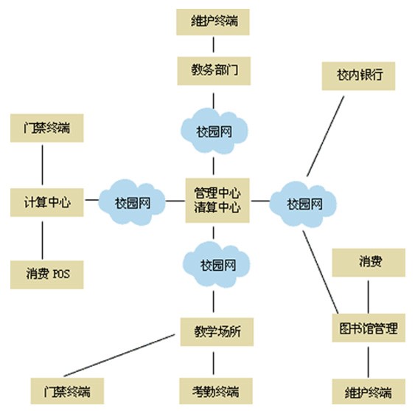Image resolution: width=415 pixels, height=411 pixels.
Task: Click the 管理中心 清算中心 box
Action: coord(217,200)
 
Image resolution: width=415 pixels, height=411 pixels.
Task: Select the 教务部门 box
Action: coord(214,71)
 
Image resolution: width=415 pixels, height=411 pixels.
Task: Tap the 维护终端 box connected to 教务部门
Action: coord(213,22)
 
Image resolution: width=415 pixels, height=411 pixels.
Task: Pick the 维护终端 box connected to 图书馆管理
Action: coord(369,392)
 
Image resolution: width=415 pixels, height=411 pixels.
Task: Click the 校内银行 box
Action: coord(358,76)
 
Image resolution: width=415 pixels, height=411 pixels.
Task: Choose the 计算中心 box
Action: coord(47,202)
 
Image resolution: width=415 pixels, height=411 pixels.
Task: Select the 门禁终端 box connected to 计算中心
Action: coord(47,128)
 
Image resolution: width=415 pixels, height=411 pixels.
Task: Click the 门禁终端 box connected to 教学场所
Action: coord(67,391)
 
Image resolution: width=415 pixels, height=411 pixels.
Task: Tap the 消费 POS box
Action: coord(47,274)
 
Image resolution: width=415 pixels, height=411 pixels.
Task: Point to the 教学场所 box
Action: coord(217,332)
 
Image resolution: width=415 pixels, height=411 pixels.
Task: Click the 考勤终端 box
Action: coord(216,391)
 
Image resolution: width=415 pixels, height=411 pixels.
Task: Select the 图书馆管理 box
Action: coord(369,328)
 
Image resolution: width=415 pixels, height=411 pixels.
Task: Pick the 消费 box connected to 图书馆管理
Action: coord(369,263)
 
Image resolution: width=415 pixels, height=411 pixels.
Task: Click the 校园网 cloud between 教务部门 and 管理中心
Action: coord(214,131)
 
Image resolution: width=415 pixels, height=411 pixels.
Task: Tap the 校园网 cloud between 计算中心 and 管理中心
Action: coord(132,202)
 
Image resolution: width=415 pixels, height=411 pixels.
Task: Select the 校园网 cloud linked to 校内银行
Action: coord(303,204)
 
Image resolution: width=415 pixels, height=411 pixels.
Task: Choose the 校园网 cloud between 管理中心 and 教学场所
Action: coord(217,264)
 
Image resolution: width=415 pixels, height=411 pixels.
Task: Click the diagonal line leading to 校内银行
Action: coord(326,136)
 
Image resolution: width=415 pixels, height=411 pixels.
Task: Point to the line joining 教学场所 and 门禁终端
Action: coord(119,355)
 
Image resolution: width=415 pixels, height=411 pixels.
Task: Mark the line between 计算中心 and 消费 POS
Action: coord(42,241)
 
